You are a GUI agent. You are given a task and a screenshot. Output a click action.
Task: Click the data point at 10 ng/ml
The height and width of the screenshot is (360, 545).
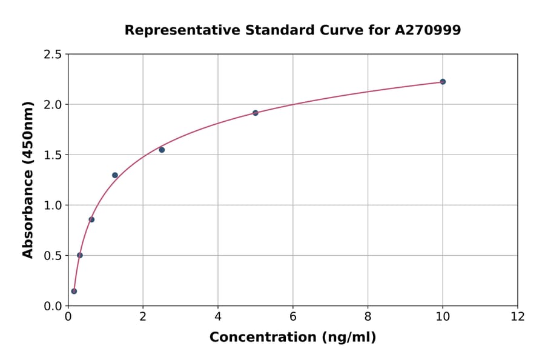pyautogui.click(x=443, y=82)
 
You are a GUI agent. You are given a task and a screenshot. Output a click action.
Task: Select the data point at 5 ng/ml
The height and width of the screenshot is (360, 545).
pyautogui.click(x=256, y=113)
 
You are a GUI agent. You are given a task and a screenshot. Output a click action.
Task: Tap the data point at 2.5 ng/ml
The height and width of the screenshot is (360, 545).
pyautogui.click(x=162, y=150)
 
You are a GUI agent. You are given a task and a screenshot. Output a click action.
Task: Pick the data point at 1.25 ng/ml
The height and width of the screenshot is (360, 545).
pyautogui.click(x=115, y=175)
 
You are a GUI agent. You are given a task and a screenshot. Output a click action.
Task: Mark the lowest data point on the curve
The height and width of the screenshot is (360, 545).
pyautogui.click(x=74, y=291)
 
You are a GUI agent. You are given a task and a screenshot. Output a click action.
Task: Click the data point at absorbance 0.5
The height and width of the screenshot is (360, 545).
pyautogui.click(x=80, y=255)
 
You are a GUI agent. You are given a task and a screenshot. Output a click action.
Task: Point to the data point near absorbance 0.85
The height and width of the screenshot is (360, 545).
pyautogui.click(x=91, y=219)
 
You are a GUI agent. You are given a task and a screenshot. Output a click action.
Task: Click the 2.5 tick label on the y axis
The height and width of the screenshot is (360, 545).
pyautogui.click(x=53, y=55)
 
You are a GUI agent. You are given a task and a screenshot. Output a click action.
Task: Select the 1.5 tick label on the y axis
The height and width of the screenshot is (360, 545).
pyautogui.click(x=53, y=155)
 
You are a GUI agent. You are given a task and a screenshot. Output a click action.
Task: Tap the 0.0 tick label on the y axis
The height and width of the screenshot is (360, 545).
pyautogui.click(x=53, y=306)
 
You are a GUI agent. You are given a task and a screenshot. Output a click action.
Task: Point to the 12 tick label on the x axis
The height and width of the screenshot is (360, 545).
pyautogui.click(x=518, y=316)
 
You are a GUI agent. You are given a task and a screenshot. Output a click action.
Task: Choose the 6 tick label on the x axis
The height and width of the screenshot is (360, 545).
pyautogui.click(x=293, y=316)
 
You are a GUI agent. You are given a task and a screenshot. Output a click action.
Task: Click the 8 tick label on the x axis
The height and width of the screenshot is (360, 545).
pyautogui.click(x=368, y=316)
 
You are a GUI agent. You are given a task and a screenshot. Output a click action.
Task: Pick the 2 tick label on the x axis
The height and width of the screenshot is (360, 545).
pyautogui.click(x=143, y=316)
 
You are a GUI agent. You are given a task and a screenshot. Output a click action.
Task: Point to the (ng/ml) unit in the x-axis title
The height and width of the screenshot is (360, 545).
pyautogui.click(x=350, y=337)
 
